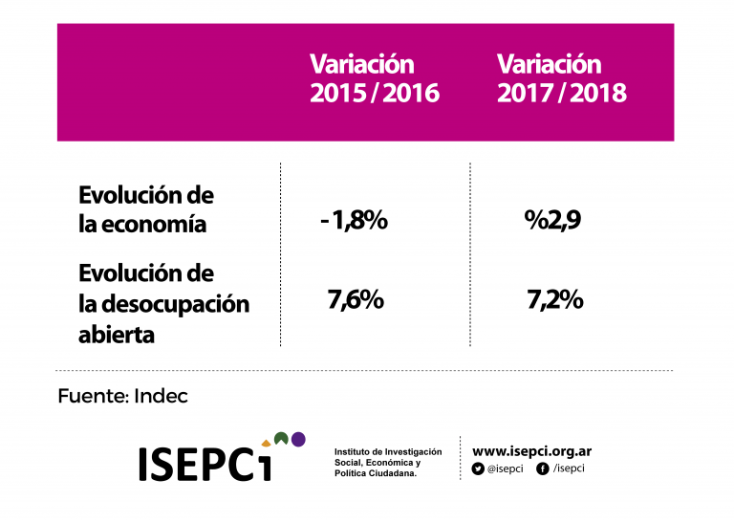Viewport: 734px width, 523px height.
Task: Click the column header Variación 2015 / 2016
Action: pos(374,79)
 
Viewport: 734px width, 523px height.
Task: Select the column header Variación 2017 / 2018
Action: pos(561,79)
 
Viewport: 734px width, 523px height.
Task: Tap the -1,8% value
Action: pos(354,221)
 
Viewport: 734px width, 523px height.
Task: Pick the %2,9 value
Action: pos(553,221)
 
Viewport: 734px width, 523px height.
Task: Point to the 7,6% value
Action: pos(356,300)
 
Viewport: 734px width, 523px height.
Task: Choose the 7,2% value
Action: pos(554,300)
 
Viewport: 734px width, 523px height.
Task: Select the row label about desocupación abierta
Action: pos(162,304)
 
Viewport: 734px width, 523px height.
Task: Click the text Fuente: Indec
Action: pos(122,396)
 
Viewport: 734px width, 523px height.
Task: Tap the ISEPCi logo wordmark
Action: pos(205,463)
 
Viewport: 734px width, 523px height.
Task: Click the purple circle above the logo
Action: pos(298,440)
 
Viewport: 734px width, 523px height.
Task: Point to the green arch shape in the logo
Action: pos(280,439)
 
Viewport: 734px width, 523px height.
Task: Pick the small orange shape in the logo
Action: pos(266,444)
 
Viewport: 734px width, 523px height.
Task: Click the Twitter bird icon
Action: pos(478,469)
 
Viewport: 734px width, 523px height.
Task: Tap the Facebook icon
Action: pos(543,469)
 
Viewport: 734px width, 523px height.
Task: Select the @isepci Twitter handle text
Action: pos(505,469)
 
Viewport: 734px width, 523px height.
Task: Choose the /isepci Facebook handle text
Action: pos(569,469)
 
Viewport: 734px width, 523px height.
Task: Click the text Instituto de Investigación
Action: pos(388,451)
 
